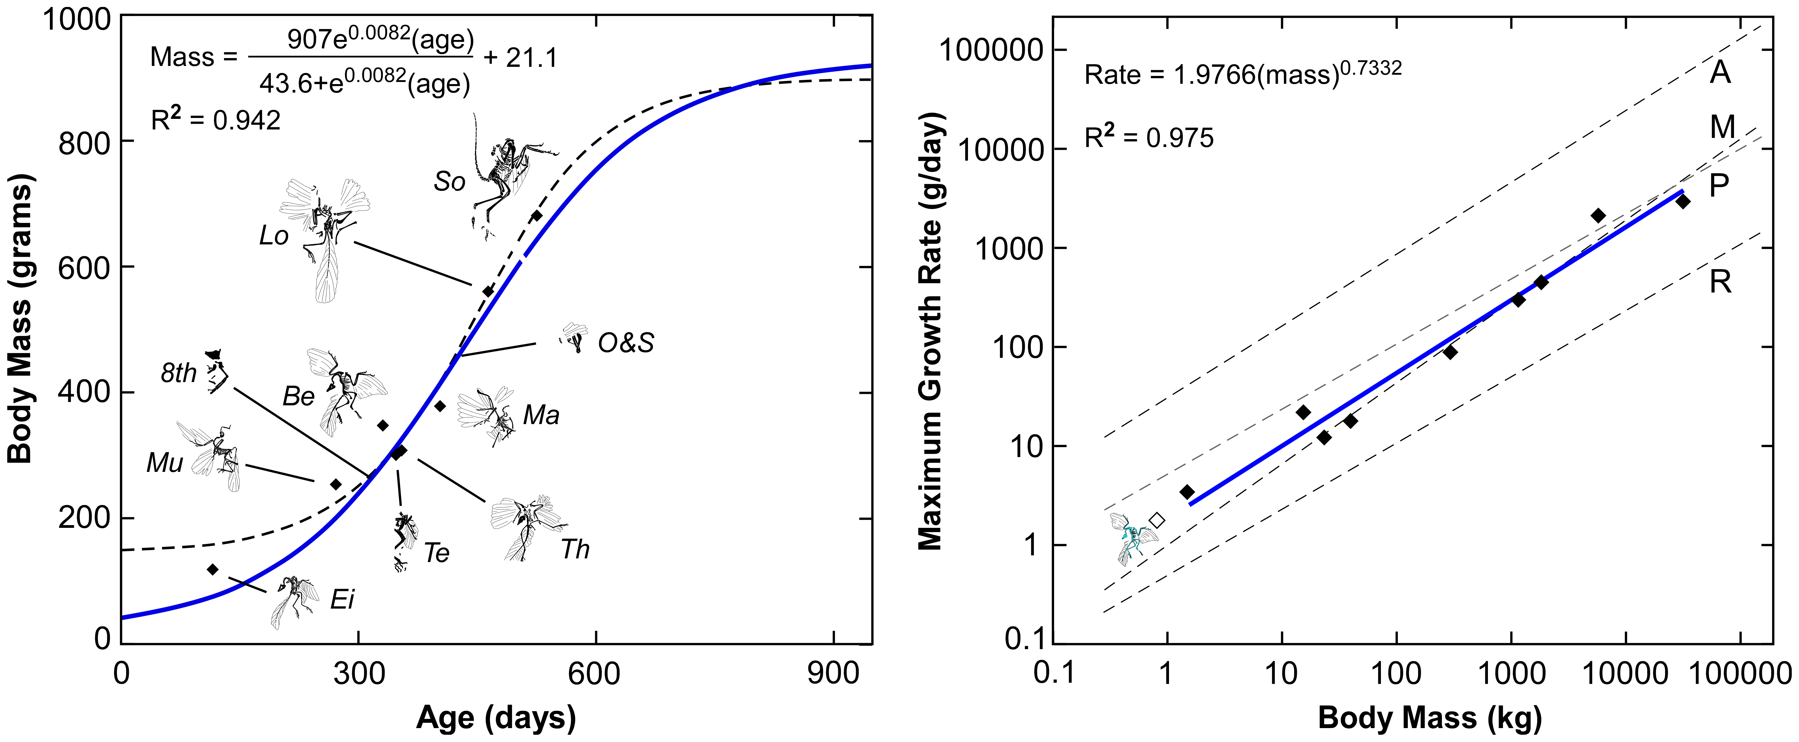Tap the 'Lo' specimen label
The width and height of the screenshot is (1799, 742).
[274, 236]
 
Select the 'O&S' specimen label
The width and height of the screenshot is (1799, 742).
[626, 343]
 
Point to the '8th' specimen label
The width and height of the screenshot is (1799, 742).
[179, 374]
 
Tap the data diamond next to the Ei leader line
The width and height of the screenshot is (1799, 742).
[213, 569]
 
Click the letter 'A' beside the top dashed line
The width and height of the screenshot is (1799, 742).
[1720, 72]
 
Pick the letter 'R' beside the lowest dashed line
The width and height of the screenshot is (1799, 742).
[1720, 282]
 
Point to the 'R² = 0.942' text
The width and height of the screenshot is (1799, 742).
[216, 120]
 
